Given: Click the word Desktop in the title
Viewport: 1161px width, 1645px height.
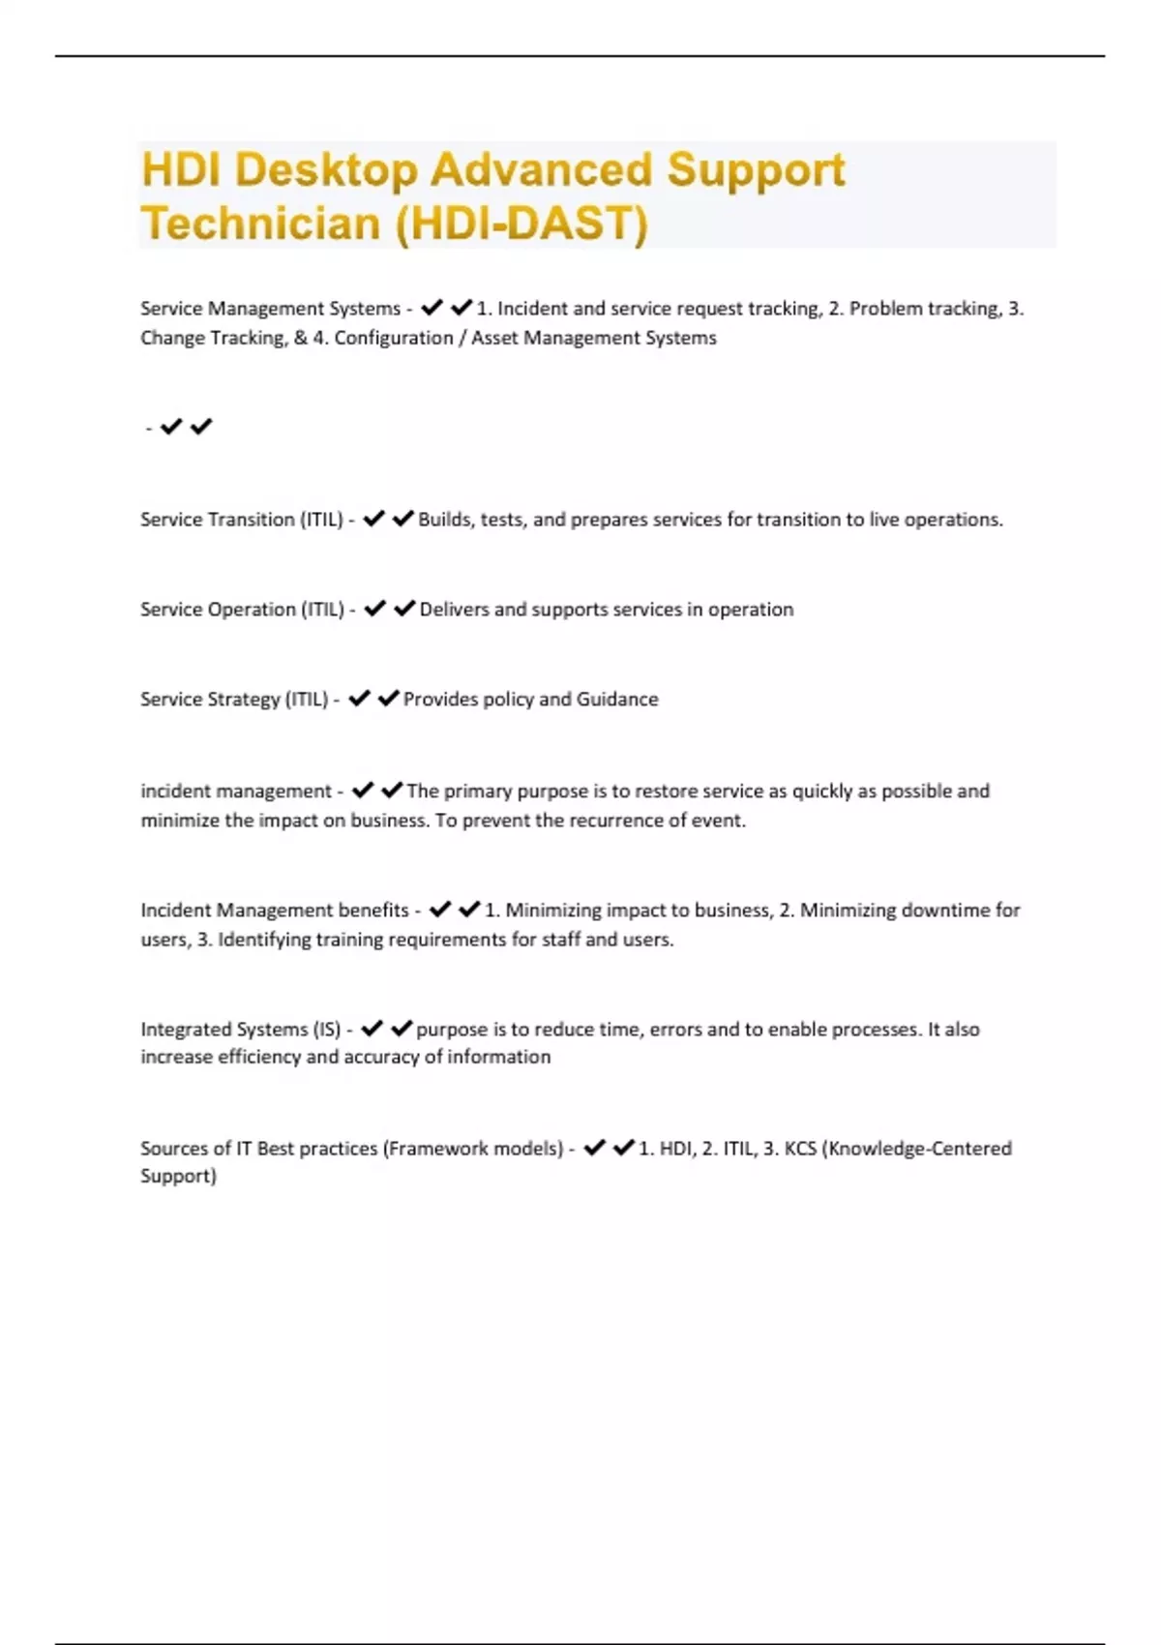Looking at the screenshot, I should (x=325, y=170).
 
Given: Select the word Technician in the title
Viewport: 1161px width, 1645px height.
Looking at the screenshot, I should (x=261, y=224).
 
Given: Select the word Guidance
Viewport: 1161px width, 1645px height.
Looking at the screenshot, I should (x=617, y=700).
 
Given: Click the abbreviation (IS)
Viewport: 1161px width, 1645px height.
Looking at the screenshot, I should (x=327, y=1030).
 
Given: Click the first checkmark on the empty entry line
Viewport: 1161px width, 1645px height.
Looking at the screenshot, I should (x=171, y=427).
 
